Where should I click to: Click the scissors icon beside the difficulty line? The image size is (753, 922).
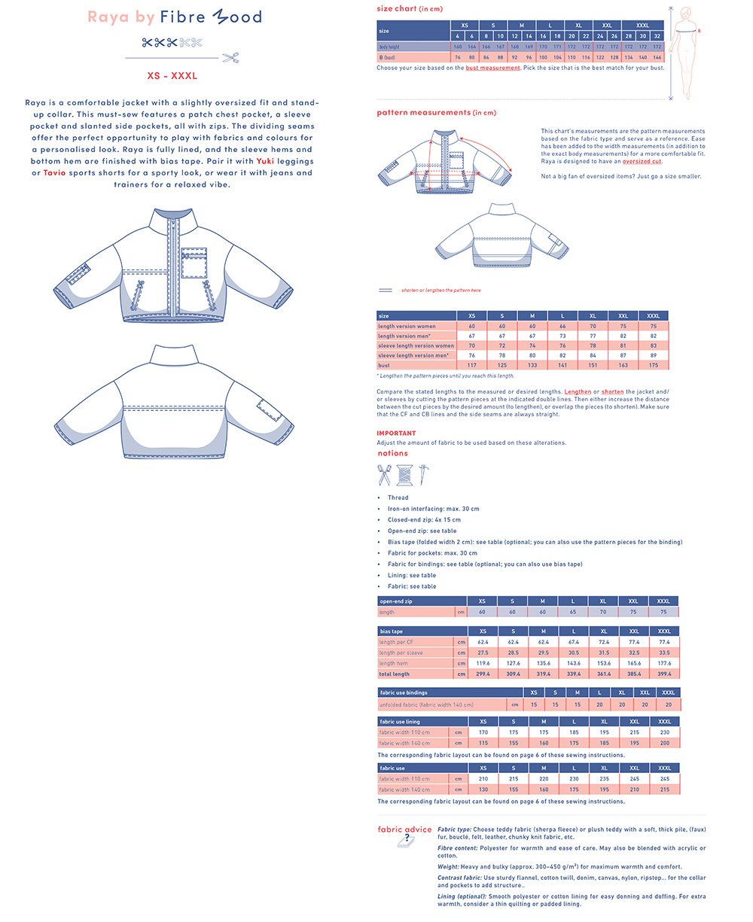230,57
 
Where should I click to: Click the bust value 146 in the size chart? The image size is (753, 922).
657,57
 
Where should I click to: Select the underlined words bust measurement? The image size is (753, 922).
492,68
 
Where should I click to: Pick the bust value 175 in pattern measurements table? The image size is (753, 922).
653,365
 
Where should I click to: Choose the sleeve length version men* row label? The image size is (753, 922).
416,355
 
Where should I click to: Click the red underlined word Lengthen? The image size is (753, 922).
578,391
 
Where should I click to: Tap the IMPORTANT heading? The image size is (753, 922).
396,434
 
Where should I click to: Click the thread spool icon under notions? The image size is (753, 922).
405,475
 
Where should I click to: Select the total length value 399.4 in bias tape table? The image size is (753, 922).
664,674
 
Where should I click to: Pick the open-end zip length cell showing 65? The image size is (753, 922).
573,613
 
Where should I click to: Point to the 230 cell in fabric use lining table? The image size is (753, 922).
664,732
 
